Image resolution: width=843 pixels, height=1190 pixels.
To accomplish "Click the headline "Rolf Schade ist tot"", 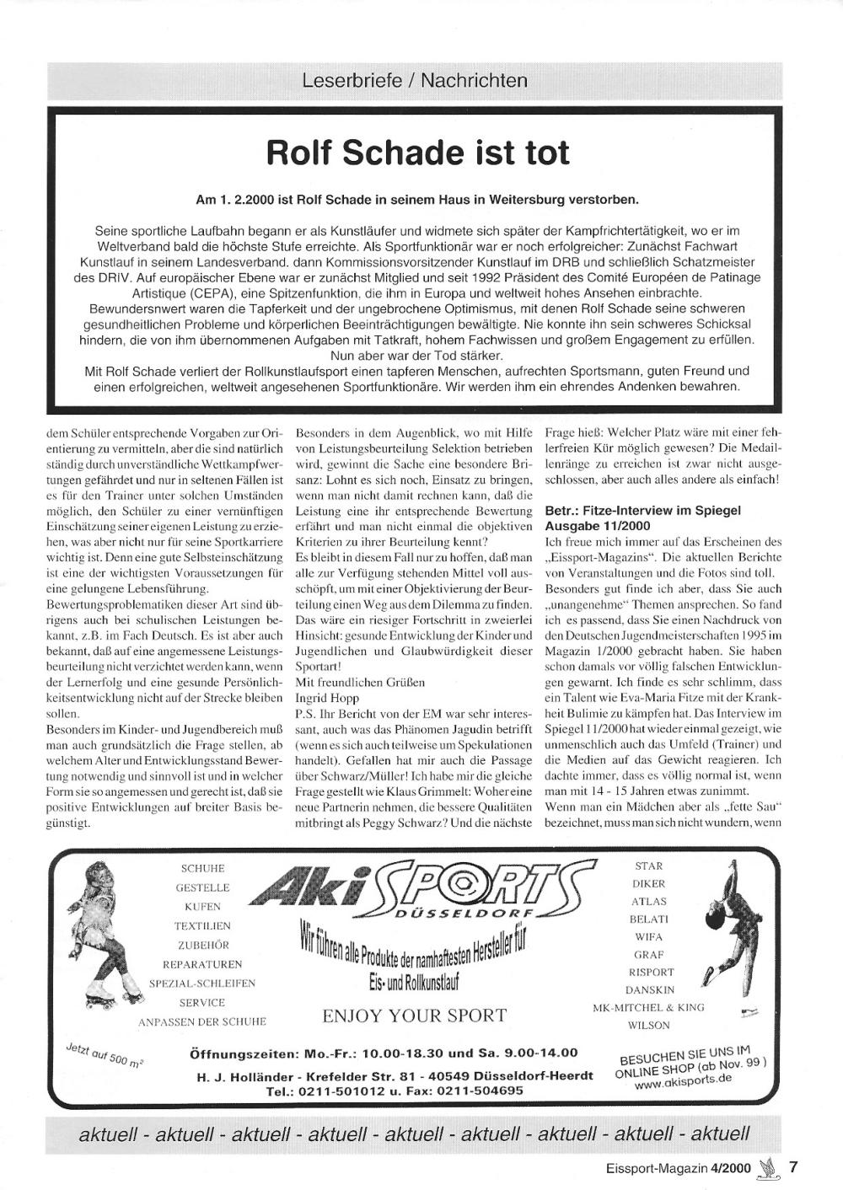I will coord(418,153).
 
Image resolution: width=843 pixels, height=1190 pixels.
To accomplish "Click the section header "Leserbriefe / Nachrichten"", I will coord(415,81).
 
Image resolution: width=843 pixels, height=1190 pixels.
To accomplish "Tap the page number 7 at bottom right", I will coord(793,1167).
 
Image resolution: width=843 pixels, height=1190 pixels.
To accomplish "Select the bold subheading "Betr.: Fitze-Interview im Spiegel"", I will coord(642,510).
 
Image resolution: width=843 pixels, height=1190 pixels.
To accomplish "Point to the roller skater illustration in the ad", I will coord(106,936).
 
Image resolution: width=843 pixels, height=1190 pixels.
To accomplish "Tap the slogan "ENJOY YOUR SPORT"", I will coord(414,1016).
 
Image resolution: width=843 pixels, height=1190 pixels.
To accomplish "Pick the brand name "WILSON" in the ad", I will coord(648,1026).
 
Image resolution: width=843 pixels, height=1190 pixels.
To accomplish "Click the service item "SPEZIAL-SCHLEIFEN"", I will coord(202,983).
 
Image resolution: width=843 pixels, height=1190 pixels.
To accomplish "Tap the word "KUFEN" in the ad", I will coord(202,907).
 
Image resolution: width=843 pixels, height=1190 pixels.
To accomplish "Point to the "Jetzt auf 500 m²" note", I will coord(104,1055).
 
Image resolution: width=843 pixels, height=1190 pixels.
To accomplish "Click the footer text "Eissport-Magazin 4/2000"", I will coord(679,1168).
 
